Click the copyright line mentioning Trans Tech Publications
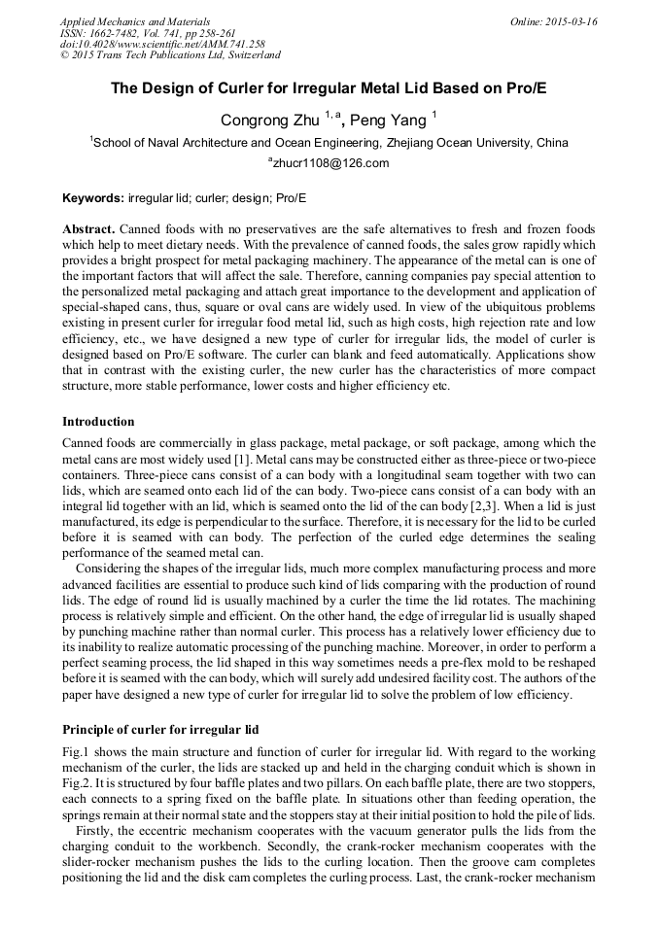click(170, 55)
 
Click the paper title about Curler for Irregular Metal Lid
click(329, 87)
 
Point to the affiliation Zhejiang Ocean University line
click(330, 143)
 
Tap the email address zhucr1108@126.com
click(329, 163)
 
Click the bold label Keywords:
click(93, 198)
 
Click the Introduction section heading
click(98, 422)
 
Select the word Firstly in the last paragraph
click(97, 831)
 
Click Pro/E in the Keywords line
click(290, 198)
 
